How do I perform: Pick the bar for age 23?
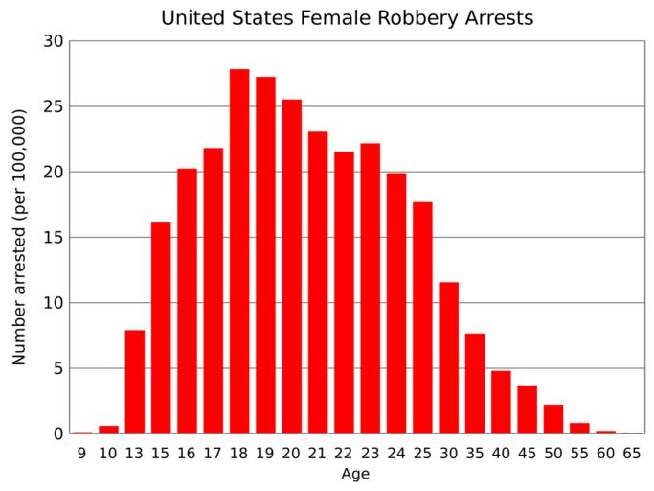click(x=371, y=288)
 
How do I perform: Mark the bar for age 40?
click(x=501, y=402)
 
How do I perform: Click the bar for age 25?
click(x=422, y=317)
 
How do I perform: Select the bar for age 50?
click(x=553, y=419)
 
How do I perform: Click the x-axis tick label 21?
click(x=318, y=452)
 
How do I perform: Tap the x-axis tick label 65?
click(x=632, y=452)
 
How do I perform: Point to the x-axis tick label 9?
click(x=82, y=452)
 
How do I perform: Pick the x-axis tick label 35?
click(x=475, y=452)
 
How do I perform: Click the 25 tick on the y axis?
click(x=53, y=106)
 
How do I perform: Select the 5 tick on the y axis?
click(x=57, y=368)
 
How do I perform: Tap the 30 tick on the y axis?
click(x=53, y=41)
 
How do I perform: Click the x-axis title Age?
click(x=356, y=473)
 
